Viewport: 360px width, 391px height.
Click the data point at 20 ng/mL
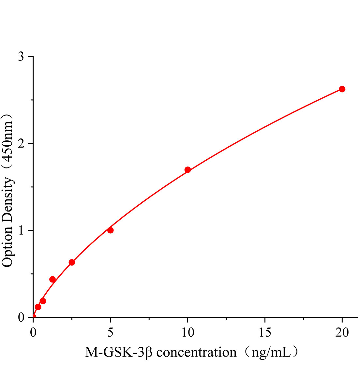click(342, 89)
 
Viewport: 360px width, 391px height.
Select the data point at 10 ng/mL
click(187, 170)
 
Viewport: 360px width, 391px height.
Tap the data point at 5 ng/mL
click(110, 230)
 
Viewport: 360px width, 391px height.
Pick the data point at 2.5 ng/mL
click(72, 262)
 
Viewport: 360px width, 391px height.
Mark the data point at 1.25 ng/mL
click(52, 279)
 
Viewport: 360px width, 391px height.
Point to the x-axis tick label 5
click(110, 333)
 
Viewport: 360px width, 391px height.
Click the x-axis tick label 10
click(187, 333)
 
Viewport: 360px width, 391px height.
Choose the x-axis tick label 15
click(265, 333)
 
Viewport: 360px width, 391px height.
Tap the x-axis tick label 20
click(342, 333)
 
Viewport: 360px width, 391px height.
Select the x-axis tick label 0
click(33, 333)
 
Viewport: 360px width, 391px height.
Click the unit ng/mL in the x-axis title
click(270, 352)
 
